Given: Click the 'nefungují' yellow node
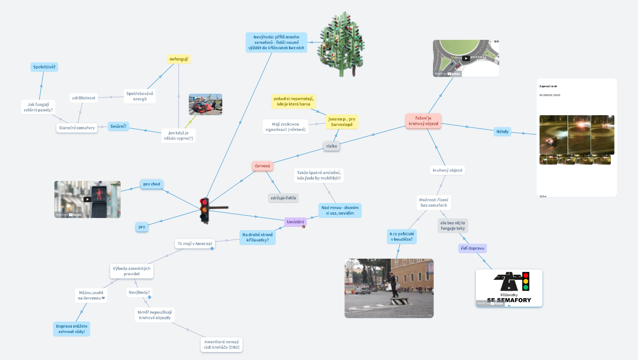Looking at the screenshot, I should (x=179, y=59).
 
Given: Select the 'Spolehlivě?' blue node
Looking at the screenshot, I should (x=44, y=67).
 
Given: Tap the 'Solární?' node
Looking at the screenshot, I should (x=118, y=126).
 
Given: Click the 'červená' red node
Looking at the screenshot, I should (x=262, y=166).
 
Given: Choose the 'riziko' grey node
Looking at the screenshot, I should (x=331, y=146).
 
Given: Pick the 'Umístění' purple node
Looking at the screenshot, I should (x=296, y=222).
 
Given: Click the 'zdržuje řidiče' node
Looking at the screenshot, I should (x=284, y=198).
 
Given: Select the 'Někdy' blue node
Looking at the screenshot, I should (x=502, y=132).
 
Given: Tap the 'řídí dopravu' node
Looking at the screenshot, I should (x=472, y=248).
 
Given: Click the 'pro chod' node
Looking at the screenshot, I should (x=152, y=184).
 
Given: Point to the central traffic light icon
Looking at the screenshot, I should (x=205, y=210).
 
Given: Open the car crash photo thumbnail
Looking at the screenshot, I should (x=205, y=104).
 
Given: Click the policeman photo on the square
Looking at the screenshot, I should (x=389, y=288).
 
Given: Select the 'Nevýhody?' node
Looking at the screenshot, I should (x=138, y=292).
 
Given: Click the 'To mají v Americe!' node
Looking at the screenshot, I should (x=195, y=244).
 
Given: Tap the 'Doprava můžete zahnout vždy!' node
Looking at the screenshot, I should (x=71, y=329).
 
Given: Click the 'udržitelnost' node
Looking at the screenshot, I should (x=84, y=98).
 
